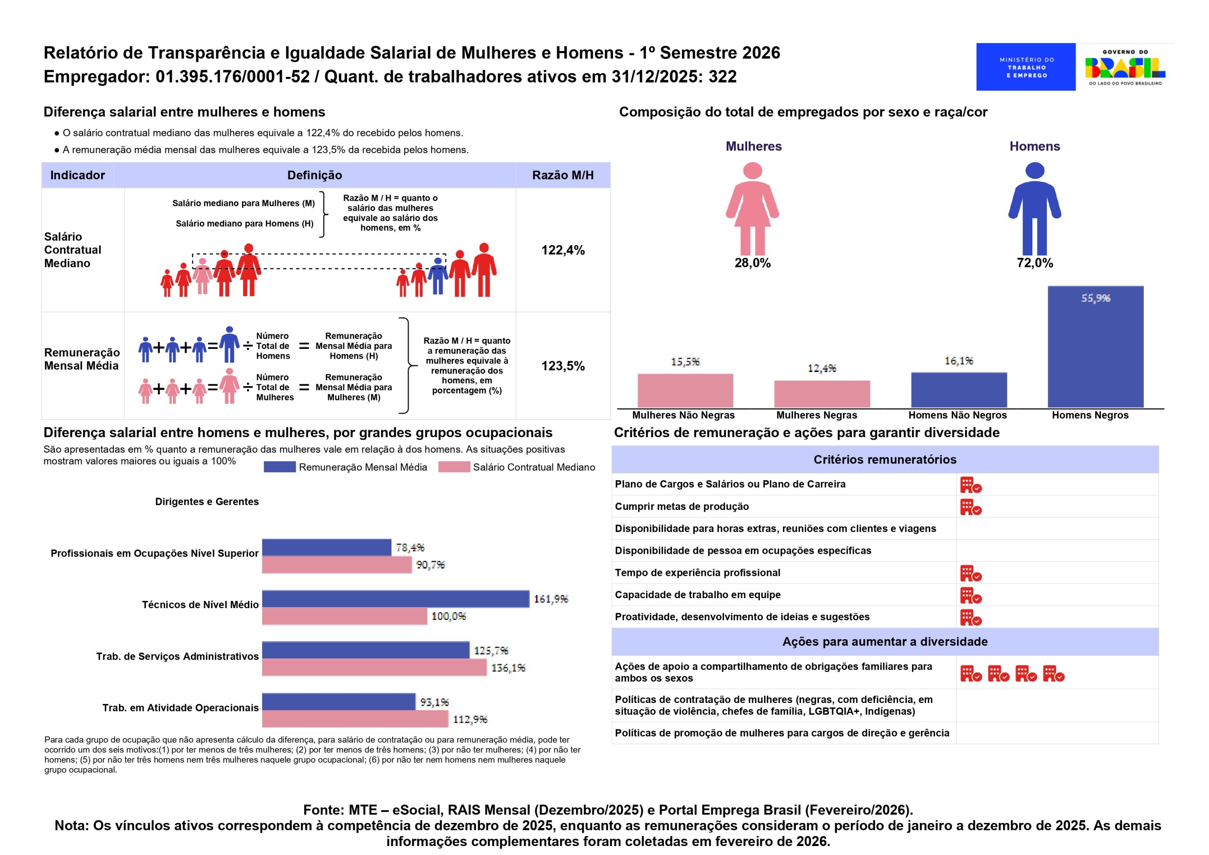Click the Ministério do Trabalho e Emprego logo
(1025, 67)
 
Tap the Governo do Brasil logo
(1125, 68)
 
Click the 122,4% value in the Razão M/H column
(563, 250)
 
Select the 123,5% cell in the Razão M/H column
(563, 366)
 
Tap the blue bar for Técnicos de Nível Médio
(395, 599)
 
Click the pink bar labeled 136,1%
(375, 668)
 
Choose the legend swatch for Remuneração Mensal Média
(279, 467)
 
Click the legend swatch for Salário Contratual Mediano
(453, 467)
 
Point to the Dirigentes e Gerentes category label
(207, 502)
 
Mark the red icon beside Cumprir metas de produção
(971, 507)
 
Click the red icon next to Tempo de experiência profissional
(971, 573)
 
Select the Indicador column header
(77, 175)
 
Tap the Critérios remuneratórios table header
(885, 460)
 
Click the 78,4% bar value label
(409, 548)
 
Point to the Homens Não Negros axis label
(957, 415)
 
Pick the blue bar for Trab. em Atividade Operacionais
(339, 702)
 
